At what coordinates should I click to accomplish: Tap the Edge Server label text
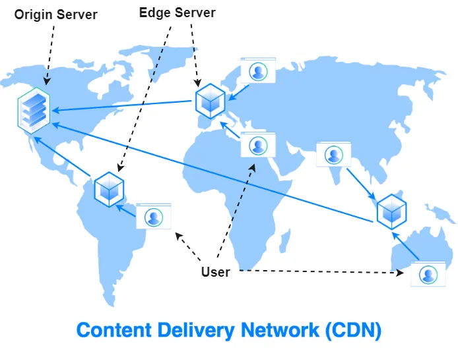tap(178, 13)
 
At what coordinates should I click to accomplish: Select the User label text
tap(215, 271)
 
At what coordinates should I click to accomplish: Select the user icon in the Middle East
tap(257, 144)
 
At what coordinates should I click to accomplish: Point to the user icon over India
tap(334, 154)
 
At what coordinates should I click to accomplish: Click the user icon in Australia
tap(428, 274)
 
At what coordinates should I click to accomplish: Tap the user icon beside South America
tap(154, 216)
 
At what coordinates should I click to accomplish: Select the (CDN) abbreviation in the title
tap(352, 329)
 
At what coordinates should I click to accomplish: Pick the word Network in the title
tap(276, 329)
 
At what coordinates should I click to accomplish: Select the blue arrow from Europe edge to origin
tap(125, 106)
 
